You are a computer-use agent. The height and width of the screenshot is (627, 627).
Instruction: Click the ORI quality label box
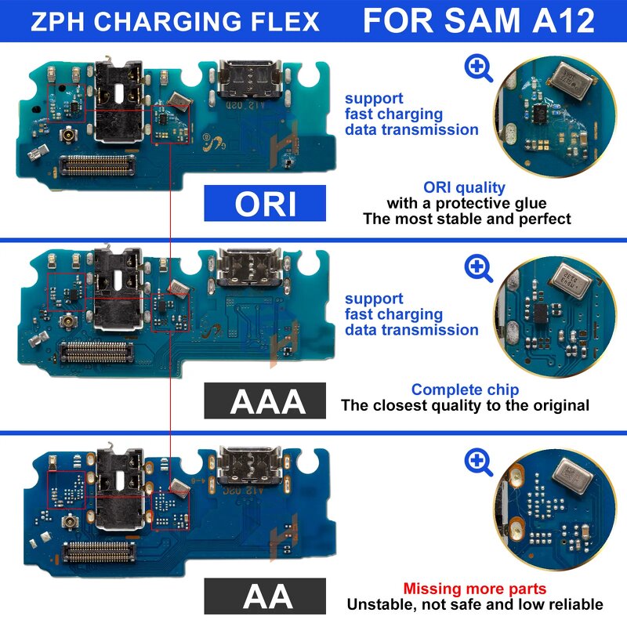pos(265,203)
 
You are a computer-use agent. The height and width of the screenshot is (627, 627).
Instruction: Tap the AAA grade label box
pos(265,400)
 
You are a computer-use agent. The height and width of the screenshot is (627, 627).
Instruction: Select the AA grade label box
pos(265,596)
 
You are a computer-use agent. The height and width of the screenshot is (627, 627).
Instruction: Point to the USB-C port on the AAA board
pos(242,267)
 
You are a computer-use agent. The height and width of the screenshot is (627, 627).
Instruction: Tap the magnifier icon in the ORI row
pos(478,68)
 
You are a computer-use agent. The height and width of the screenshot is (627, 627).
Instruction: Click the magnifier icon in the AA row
pos(478,462)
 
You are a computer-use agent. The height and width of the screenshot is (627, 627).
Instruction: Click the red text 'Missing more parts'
pos(475,589)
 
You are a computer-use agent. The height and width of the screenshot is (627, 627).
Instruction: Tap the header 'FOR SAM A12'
pos(478,21)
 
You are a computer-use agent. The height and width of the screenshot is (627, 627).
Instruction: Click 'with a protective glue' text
pos(466,203)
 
